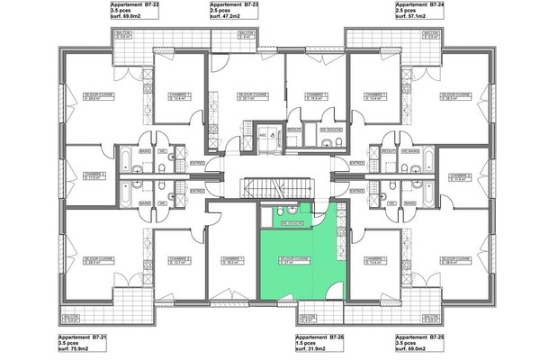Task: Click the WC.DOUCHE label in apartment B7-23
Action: click(330, 130)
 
